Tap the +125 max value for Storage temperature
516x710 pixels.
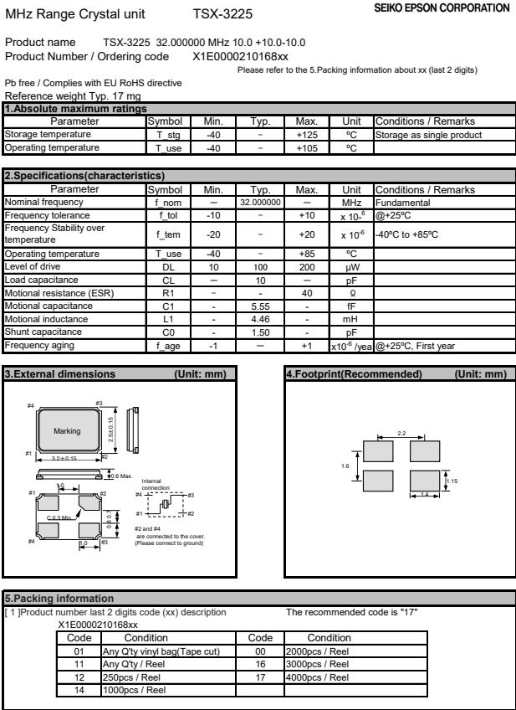click(x=307, y=132)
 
